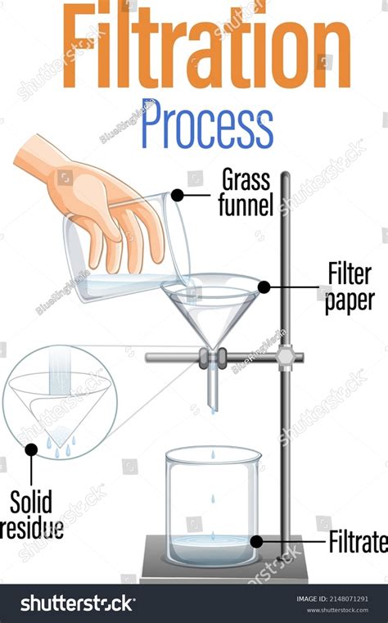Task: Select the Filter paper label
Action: click(350, 287)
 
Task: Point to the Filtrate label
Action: click(357, 541)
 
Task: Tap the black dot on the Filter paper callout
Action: click(264, 287)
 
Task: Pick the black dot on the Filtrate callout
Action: click(256, 541)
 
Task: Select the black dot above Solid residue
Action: click(31, 449)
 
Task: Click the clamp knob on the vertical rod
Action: click(286, 358)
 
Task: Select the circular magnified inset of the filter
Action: click(60, 402)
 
